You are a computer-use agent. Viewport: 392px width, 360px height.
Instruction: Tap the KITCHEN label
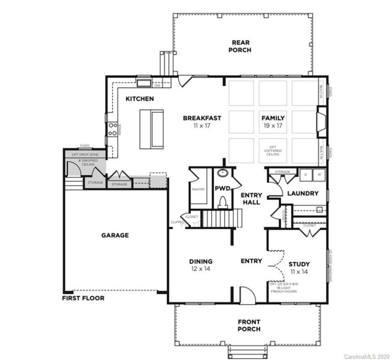click(140, 99)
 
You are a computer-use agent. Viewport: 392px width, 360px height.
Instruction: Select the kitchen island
click(151, 129)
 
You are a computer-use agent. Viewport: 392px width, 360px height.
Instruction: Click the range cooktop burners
click(112, 129)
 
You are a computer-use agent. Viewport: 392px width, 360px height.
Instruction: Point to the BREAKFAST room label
click(202, 121)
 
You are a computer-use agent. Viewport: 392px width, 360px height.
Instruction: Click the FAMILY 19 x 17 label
click(273, 121)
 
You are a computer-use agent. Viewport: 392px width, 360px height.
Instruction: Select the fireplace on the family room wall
click(321, 122)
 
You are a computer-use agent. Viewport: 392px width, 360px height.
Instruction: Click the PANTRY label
click(199, 189)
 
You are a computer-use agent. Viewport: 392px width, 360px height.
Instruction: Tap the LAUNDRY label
click(303, 193)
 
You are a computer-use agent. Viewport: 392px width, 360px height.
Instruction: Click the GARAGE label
click(115, 235)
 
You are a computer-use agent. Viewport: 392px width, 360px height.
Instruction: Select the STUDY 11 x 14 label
click(299, 267)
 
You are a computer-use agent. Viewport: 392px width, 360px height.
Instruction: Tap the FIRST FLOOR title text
click(83, 298)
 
